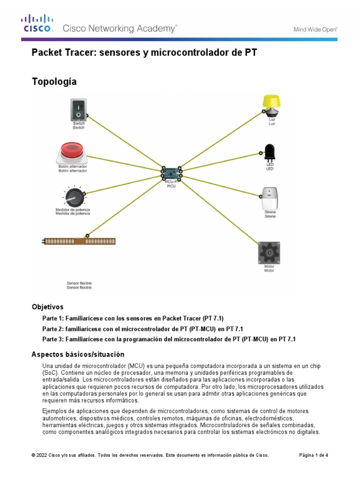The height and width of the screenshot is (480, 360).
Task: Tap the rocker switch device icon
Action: tap(78, 109)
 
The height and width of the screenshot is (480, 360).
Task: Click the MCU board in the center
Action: tap(172, 174)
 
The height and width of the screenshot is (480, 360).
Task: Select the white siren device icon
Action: tap(270, 198)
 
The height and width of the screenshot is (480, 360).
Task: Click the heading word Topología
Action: tap(54, 82)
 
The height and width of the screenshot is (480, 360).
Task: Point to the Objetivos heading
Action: tap(47, 307)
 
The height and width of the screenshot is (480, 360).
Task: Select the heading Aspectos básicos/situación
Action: tap(78, 354)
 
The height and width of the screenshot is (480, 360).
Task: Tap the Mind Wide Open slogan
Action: tap(315, 29)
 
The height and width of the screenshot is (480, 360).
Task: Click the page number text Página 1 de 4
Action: tap(314, 455)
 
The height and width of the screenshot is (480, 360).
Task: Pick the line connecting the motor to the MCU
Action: tap(220, 211)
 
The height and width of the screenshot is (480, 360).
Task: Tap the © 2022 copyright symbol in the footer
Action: tap(33, 455)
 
